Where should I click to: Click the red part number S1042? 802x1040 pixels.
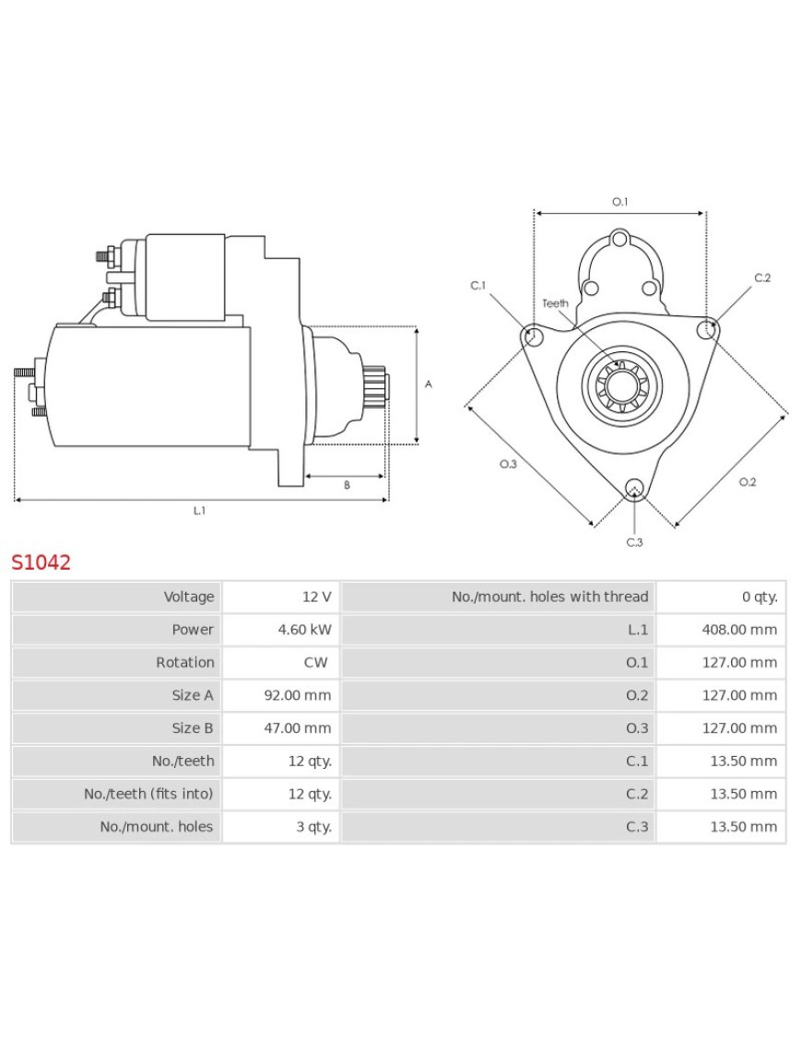click(41, 562)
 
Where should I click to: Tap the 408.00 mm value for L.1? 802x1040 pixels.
click(734, 630)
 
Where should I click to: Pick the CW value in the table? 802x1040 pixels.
click(315, 662)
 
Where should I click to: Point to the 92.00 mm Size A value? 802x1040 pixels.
click(297, 695)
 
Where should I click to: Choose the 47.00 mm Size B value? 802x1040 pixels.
click(297, 728)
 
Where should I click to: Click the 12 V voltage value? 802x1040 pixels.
click(316, 597)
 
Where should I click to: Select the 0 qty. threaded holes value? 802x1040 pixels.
click(759, 597)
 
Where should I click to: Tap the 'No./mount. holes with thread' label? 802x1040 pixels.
click(549, 597)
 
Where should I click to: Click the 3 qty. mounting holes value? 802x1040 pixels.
click(313, 827)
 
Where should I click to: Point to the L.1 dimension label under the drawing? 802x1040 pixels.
click(199, 511)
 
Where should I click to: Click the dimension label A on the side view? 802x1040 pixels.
click(428, 384)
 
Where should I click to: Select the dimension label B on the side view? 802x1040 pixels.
click(347, 485)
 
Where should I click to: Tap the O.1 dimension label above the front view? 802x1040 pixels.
click(619, 202)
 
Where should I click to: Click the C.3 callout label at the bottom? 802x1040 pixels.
click(634, 542)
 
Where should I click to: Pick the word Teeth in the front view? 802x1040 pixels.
click(555, 303)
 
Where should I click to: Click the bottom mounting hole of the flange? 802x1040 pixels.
click(634, 489)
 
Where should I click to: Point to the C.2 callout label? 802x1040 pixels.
click(761, 278)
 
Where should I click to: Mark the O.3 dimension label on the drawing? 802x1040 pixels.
click(507, 464)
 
